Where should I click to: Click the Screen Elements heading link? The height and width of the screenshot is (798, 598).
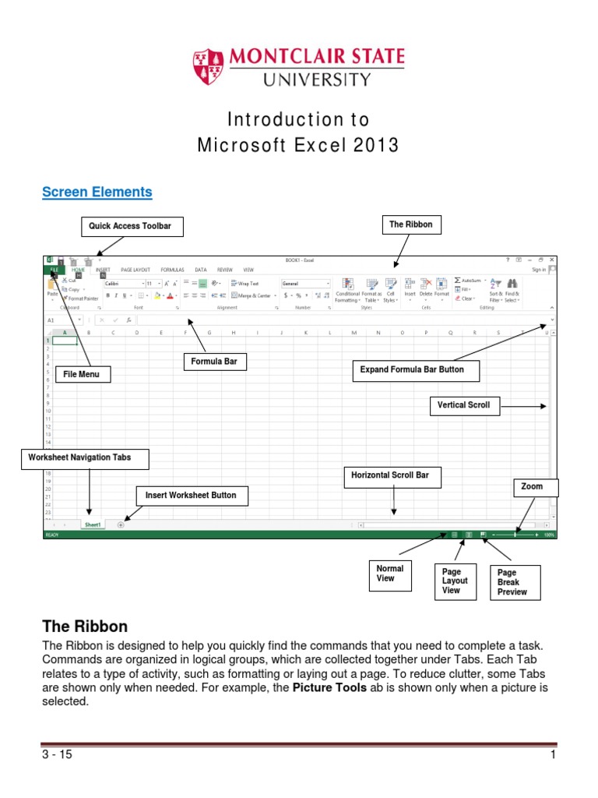pyautogui.click(x=97, y=192)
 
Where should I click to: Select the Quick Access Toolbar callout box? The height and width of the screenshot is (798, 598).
pyautogui.click(x=132, y=227)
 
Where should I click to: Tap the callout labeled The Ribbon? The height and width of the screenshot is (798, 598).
pyautogui.click(x=410, y=224)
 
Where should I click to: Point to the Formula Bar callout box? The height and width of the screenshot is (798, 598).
pyautogui.click(x=213, y=362)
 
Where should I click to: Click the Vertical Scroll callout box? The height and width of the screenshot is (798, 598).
pyautogui.click(x=463, y=405)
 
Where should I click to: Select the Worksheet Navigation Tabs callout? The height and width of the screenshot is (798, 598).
pyautogui.click(x=79, y=458)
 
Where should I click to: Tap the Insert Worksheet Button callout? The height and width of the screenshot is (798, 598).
pyautogui.click(x=191, y=495)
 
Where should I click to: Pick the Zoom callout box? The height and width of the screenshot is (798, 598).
pyautogui.click(x=532, y=486)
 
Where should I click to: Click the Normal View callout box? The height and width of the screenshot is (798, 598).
pyautogui.click(x=389, y=574)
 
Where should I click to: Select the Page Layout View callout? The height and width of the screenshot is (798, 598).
pyautogui.click(x=455, y=581)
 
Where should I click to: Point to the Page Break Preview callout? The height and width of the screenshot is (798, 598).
pyautogui.click(x=512, y=583)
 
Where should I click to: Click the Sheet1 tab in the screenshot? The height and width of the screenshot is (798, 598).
pyautogui.click(x=93, y=525)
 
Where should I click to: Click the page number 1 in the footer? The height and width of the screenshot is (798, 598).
pyautogui.click(x=552, y=754)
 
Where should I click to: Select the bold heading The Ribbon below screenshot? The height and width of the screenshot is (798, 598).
pyautogui.click(x=84, y=627)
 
